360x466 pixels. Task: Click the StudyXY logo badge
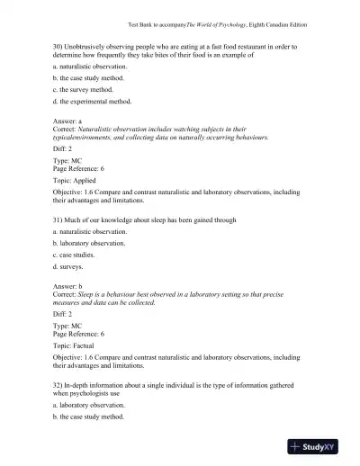(x=320, y=446)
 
